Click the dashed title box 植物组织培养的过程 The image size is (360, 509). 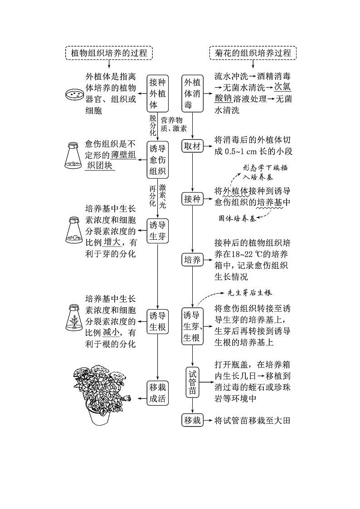(109, 53)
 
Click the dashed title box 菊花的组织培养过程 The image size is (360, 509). (253, 53)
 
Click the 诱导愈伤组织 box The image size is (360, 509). (158, 160)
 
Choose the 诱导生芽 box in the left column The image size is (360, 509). (158, 232)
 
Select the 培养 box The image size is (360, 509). (193, 260)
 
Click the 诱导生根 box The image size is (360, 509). (158, 321)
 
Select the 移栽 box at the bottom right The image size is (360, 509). (193, 420)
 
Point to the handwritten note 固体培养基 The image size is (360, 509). (236, 218)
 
